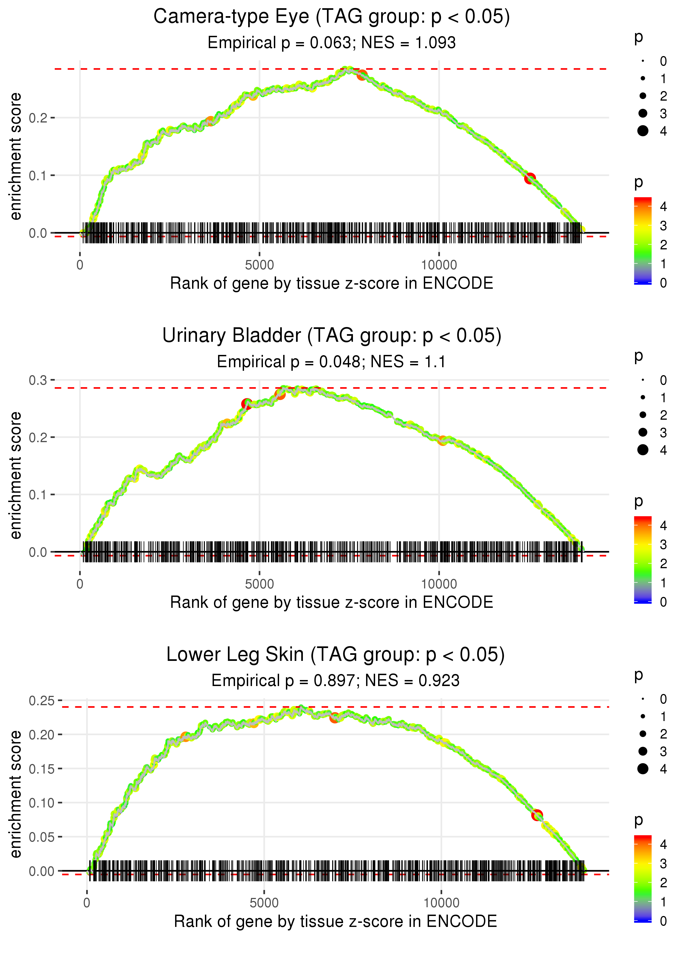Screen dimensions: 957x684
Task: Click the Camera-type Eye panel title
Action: point(332,17)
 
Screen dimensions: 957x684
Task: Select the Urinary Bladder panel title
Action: point(332,336)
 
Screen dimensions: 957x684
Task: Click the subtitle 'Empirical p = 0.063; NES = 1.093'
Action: point(332,43)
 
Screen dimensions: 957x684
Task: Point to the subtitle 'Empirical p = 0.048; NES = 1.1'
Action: point(332,362)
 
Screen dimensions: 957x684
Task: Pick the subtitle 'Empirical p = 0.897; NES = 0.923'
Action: point(335,681)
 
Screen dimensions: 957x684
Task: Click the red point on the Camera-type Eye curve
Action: point(530,178)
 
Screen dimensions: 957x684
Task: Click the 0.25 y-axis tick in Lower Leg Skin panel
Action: point(41,701)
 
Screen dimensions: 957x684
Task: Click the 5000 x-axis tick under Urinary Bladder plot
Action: point(259,584)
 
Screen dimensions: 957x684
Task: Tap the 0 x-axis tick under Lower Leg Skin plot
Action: point(87,903)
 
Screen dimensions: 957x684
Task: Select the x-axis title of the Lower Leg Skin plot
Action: point(335,922)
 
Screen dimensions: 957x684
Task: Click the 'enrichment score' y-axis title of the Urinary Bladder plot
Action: point(16,475)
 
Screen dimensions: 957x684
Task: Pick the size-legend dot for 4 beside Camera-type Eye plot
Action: point(643,131)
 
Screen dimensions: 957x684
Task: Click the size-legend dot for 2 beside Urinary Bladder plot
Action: point(643,415)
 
